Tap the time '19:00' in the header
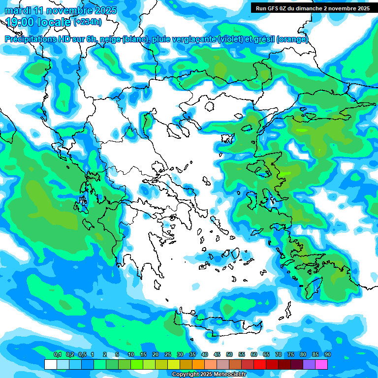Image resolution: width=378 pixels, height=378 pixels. [21, 22]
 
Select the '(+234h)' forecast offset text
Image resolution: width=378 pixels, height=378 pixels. [87, 22]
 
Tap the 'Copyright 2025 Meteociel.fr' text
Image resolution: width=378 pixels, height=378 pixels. [209, 375]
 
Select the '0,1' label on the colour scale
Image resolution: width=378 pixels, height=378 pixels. [58, 354]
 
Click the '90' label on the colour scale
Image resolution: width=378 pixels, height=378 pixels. [328, 354]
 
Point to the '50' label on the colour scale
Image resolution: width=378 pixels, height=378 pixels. [229, 354]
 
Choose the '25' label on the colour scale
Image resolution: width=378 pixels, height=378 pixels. [168, 354]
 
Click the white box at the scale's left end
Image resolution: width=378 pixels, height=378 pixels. [50, 364]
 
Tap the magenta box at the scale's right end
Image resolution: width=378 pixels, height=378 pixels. [321, 364]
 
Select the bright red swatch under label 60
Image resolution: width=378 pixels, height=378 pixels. [260, 364]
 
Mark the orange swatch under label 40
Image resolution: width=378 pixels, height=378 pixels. [198, 364]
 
